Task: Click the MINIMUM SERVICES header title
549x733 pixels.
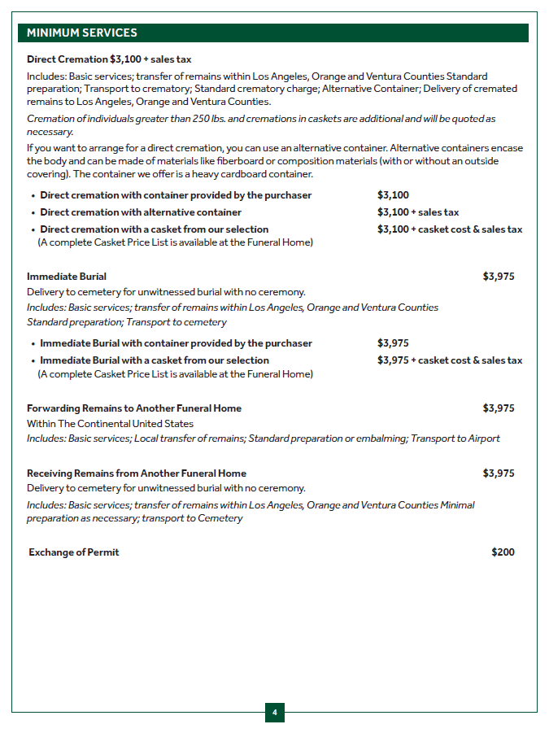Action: (x=82, y=33)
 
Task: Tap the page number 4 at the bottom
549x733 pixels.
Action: (x=274, y=713)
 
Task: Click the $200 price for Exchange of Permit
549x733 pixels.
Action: (x=503, y=552)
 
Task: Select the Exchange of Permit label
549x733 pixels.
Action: (x=74, y=552)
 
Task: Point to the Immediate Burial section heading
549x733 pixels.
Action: (x=67, y=277)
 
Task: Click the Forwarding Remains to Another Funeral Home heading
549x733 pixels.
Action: (x=134, y=408)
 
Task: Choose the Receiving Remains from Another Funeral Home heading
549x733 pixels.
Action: (x=137, y=473)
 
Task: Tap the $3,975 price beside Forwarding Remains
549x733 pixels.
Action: (x=498, y=408)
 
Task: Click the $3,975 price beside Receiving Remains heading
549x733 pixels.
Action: (x=498, y=473)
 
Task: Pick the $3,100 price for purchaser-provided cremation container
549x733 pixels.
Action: (x=393, y=195)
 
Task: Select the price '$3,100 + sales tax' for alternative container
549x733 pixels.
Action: (x=418, y=212)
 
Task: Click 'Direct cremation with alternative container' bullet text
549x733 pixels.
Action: (x=141, y=212)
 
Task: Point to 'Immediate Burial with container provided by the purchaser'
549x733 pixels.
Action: (x=176, y=343)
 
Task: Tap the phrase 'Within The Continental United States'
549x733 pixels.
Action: (x=110, y=424)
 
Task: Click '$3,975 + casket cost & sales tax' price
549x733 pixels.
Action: (x=450, y=360)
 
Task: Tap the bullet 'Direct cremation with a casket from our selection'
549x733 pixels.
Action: (x=155, y=229)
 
